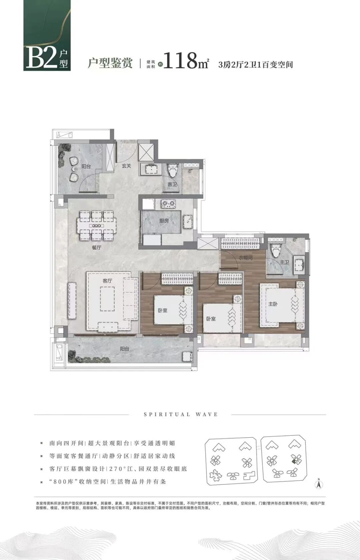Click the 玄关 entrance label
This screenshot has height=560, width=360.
click(x=126, y=166)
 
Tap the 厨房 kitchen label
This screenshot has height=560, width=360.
click(x=164, y=221)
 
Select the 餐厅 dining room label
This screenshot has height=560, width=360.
click(x=97, y=248)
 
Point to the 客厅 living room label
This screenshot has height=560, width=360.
click(x=107, y=281)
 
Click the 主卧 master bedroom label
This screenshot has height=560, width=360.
click(x=273, y=304)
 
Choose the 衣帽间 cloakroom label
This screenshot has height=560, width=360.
click(x=246, y=258)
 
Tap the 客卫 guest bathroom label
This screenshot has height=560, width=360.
click(x=172, y=184)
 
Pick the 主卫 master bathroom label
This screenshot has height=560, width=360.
click(x=284, y=263)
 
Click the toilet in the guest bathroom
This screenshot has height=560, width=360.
click(x=173, y=171)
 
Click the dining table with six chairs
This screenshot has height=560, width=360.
click(x=97, y=226)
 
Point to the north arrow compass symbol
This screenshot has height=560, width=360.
click(x=319, y=483)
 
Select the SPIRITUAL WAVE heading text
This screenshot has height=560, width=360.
click(x=181, y=414)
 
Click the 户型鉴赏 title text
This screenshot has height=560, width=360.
click(x=110, y=63)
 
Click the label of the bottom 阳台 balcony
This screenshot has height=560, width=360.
click(x=125, y=349)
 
